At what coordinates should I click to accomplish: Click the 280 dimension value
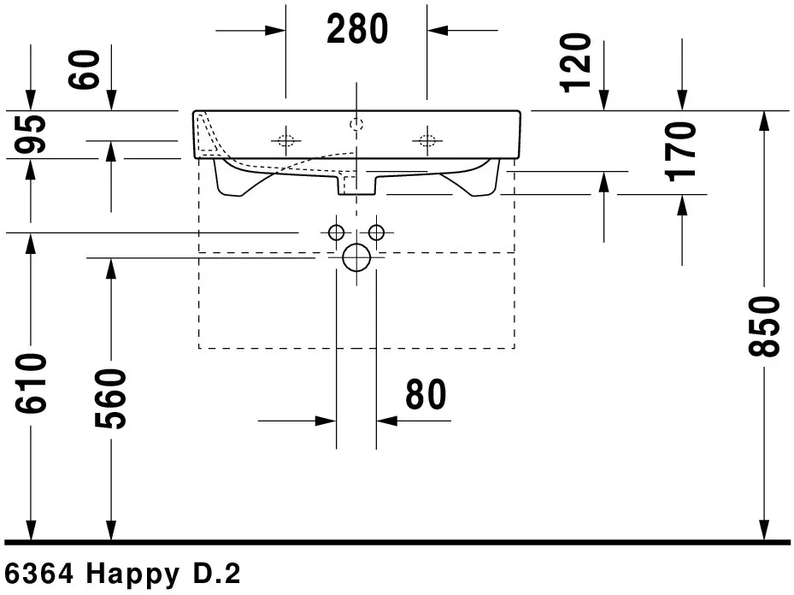point(357,29)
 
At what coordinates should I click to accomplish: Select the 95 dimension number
point(30,134)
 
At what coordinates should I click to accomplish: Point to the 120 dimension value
point(575,62)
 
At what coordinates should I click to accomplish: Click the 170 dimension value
point(680,151)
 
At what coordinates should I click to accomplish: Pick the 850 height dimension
point(764,327)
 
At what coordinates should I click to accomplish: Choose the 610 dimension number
point(31,384)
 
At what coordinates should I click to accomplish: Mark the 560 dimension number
point(110,399)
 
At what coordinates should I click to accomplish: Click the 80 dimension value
point(426,394)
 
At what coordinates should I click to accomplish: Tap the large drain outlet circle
point(356,257)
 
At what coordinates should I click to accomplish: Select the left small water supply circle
point(336,233)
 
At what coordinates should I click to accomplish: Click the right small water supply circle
point(376,233)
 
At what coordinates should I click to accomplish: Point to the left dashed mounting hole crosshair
point(285,141)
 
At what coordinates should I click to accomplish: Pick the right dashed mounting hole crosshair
point(426,141)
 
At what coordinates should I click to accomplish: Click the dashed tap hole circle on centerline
point(356,124)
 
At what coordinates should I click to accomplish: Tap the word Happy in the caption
point(132,574)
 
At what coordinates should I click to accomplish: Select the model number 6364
point(38,574)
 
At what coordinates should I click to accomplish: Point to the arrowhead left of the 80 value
point(326,421)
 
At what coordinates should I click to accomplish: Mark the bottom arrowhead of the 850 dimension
point(764,530)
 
